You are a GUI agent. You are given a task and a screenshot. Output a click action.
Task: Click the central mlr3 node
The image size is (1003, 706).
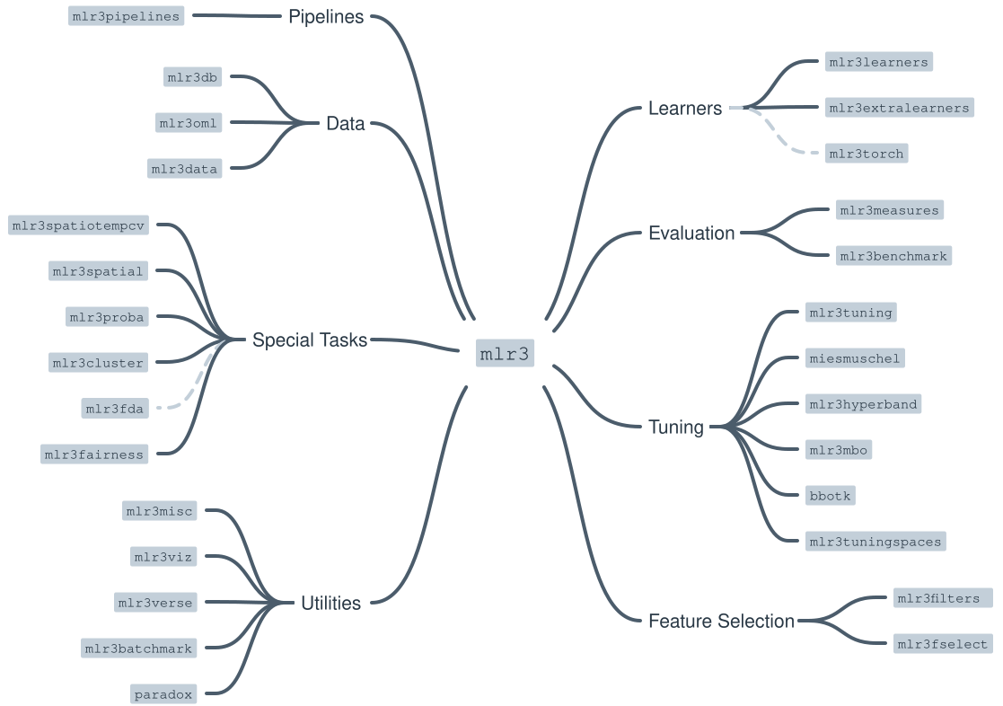(x=506, y=353)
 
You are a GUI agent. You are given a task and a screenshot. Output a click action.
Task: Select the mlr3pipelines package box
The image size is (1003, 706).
(x=127, y=16)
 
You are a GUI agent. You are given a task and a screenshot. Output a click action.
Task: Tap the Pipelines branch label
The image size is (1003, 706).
(x=326, y=17)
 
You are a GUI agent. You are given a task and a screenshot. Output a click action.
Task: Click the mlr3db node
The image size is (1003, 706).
(x=192, y=77)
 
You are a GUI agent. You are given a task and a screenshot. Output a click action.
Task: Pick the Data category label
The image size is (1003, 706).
(x=346, y=124)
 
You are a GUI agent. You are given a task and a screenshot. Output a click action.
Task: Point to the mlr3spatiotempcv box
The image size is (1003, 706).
(x=78, y=225)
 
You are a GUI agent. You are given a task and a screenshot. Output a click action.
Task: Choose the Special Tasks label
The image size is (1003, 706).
(x=310, y=340)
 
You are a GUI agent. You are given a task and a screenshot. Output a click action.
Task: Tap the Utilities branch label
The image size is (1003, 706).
(x=331, y=604)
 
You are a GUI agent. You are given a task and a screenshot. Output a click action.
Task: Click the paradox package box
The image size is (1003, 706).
(x=163, y=694)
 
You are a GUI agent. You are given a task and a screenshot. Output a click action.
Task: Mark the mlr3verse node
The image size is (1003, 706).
(x=155, y=603)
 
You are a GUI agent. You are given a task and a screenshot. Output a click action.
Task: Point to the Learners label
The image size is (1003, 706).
(x=685, y=109)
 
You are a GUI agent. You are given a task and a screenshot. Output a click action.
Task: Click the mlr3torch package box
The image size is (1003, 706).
(x=867, y=154)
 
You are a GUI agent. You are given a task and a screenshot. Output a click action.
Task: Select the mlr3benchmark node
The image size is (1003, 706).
(x=893, y=256)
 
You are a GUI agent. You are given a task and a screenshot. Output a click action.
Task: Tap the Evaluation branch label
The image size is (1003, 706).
(x=691, y=234)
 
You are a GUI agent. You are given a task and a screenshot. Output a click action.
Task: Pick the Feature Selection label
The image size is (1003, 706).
(x=721, y=621)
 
